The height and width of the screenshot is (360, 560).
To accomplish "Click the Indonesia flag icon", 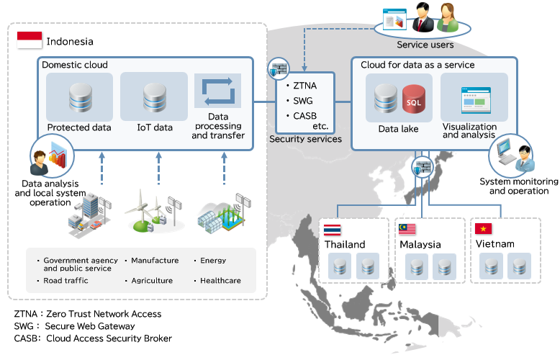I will [x=30, y=40].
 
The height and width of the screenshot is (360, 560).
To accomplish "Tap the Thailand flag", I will [x=333, y=230].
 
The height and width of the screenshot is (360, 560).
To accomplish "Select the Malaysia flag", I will [x=407, y=230].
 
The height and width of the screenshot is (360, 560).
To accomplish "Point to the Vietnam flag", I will [x=484, y=229].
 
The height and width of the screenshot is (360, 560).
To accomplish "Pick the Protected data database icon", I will [x=79, y=98].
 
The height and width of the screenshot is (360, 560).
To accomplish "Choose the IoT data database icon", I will [x=155, y=98].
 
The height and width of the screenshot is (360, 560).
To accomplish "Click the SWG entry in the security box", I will [x=300, y=100].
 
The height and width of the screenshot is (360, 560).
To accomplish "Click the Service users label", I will [x=425, y=45].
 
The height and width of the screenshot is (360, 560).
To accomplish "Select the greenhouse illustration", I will [x=223, y=213].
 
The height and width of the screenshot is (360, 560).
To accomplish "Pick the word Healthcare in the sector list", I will [x=220, y=281].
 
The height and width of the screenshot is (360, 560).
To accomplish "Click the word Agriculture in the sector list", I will [x=152, y=281].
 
